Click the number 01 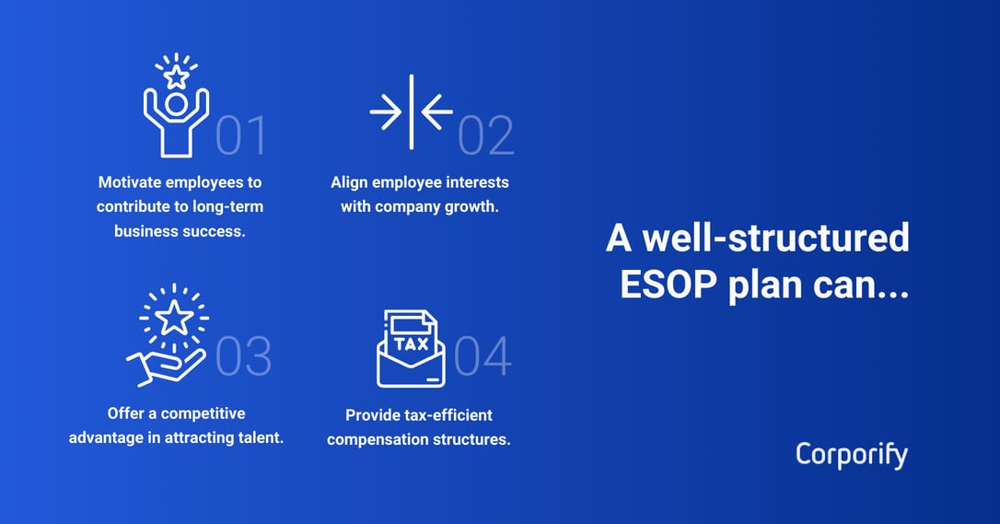coord(241,134)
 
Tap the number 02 coord(485,134)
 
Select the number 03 coord(244,355)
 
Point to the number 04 coord(483,355)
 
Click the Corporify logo coord(851,455)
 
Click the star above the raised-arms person coord(176,76)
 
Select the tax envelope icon coord(411,348)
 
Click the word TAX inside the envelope coord(411,344)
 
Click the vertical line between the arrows coord(412,111)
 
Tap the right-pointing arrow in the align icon coord(385,111)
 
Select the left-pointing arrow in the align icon coord(437,111)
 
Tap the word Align coord(350,182)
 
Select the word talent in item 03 coord(259,437)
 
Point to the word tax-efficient coord(446,415)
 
